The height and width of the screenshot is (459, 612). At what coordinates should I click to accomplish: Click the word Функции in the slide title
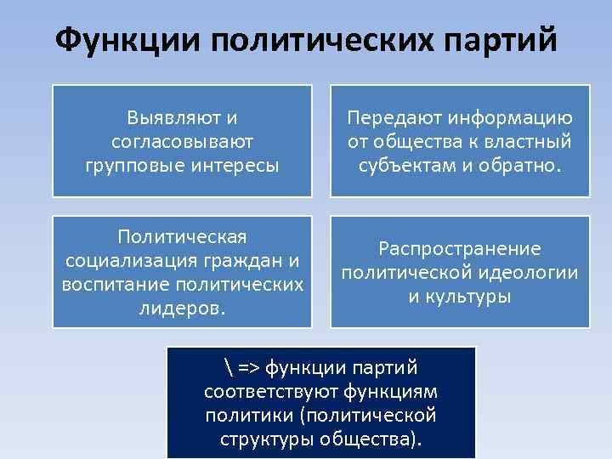(x=122, y=41)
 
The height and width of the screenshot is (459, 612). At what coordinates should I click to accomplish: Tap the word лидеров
(x=182, y=306)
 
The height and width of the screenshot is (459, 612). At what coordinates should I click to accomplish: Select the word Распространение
(x=459, y=248)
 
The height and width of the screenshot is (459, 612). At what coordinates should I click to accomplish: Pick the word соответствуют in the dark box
(x=271, y=392)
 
